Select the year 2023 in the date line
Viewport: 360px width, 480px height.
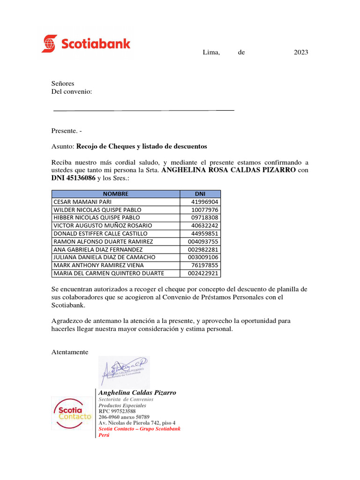(x=301, y=52)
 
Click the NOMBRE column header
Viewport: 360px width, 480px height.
(x=115, y=194)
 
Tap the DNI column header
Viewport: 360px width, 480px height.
(x=200, y=194)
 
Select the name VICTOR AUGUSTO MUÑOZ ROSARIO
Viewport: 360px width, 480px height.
(x=103, y=225)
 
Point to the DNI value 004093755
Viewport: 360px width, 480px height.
(x=203, y=241)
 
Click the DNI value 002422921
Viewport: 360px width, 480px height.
(x=203, y=273)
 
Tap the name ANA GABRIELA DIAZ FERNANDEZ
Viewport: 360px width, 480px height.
(x=98, y=249)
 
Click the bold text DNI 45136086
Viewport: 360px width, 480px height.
(x=73, y=179)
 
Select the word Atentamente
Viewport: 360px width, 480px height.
(x=69, y=352)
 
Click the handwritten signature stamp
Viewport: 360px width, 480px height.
(x=124, y=371)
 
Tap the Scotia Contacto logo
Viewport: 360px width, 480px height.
(x=72, y=412)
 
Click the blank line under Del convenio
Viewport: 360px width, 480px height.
(x=143, y=111)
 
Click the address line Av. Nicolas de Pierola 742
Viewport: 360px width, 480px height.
(x=137, y=423)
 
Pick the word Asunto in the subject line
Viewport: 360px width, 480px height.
(x=62, y=147)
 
